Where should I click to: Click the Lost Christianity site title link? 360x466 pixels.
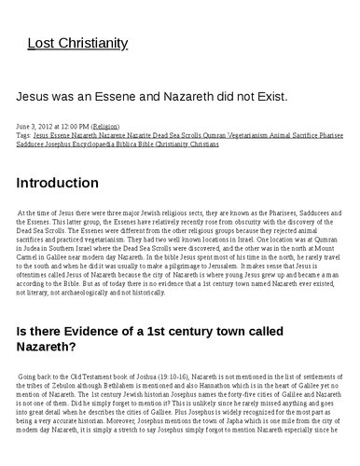77,43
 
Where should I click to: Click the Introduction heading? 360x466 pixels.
58,183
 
